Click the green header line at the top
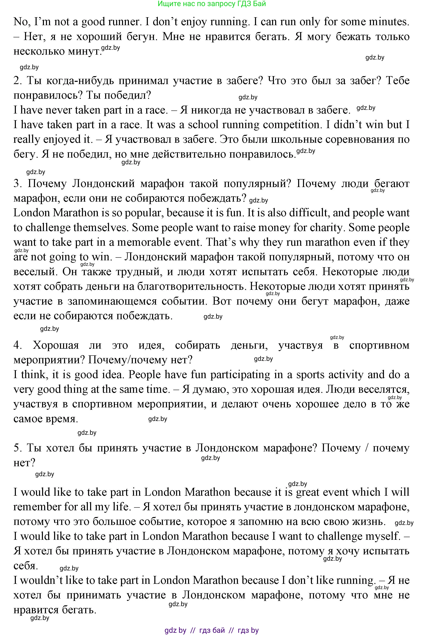click(211, 4)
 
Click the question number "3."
click(17, 184)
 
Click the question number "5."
click(17, 448)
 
